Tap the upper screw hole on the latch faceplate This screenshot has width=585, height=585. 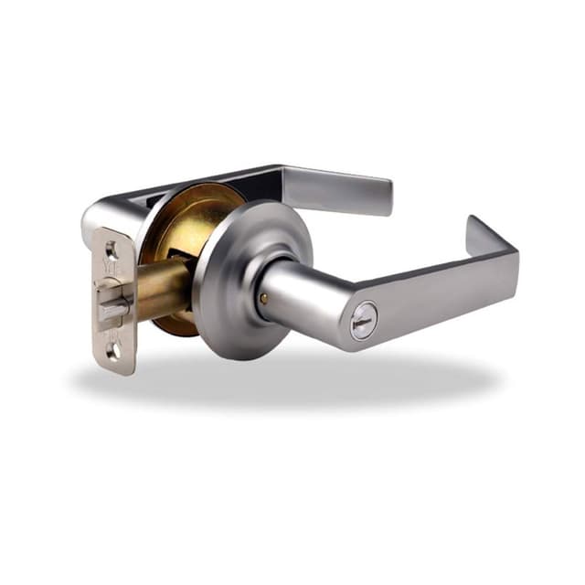112,249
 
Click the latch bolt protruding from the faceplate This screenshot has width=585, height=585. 112,306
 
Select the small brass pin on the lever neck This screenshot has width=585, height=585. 264,299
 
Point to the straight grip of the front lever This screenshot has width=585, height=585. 439,292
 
